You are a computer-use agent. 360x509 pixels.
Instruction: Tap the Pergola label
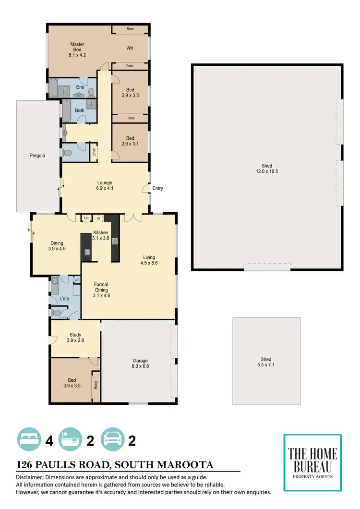tap(37, 156)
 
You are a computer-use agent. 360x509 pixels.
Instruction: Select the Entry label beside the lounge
tap(157, 188)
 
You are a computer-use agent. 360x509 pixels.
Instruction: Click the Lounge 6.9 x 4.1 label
tap(105, 185)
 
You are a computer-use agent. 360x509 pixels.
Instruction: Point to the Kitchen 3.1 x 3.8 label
tap(101, 235)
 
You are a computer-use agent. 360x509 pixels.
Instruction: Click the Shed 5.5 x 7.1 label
tap(266, 362)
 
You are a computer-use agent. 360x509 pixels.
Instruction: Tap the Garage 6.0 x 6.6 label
tap(140, 364)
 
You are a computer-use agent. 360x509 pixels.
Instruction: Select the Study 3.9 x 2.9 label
tap(75, 338)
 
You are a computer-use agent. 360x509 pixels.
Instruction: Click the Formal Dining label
tap(101, 290)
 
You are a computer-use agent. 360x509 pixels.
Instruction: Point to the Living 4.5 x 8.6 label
tap(149, 260)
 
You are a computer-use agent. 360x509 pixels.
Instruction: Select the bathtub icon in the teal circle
tap(70, 439)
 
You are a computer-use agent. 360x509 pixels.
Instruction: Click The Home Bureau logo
tap(312, 462)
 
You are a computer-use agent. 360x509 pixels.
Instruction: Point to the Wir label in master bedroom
tap(130, 48)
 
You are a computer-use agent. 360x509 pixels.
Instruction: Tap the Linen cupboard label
tap(94, 152)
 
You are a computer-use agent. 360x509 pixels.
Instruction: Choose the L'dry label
tap(64, 300)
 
